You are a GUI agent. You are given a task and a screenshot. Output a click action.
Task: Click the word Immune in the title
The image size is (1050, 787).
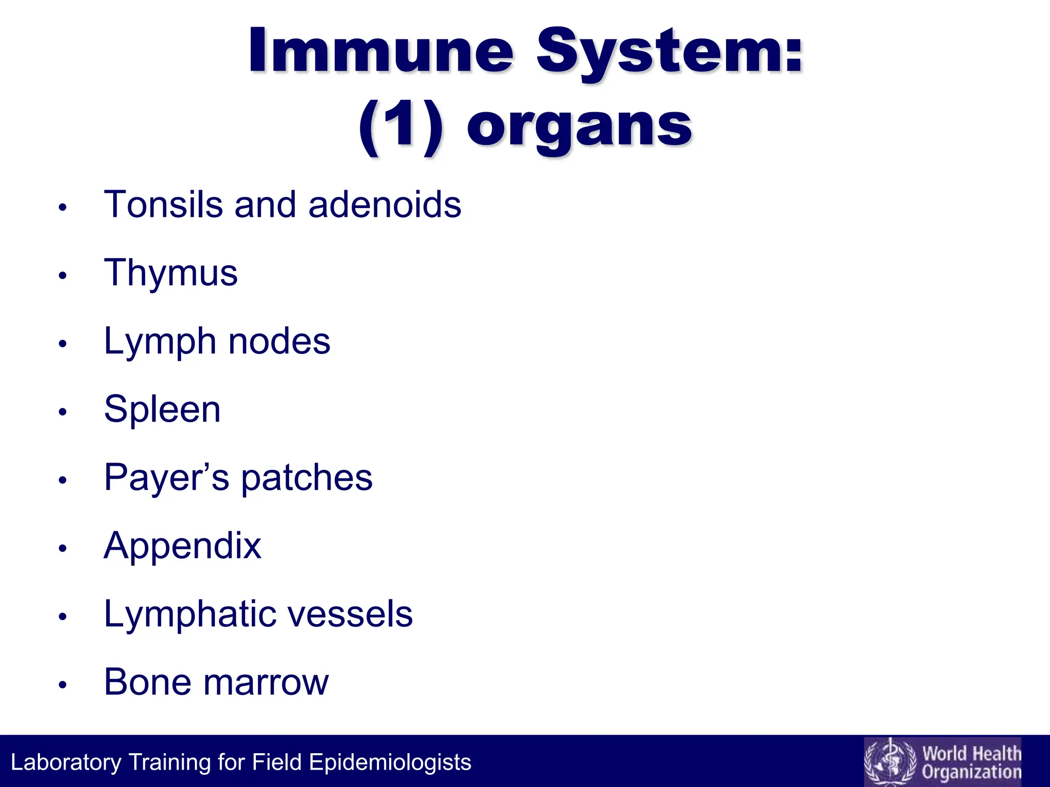coord(381,51)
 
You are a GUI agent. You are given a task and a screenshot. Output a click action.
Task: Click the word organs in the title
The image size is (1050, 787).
coord(579,128)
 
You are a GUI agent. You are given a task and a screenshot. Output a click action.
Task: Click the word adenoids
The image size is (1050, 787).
coord(385,204)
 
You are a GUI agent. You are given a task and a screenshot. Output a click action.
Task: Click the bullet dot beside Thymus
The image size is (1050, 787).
coord(63,276)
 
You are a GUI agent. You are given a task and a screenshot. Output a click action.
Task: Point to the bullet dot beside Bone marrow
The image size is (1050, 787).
coord(63,685)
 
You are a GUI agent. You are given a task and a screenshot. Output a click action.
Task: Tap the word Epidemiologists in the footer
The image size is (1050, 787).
coord(390,762)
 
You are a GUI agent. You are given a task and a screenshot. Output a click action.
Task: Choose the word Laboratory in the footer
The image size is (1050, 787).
coord(66,762)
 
